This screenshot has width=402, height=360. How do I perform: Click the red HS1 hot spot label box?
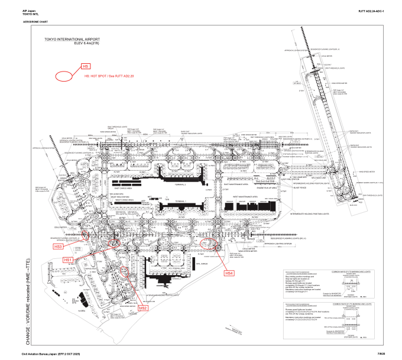tap(68, 260)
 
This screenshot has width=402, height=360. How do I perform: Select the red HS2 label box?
tap(144, 308)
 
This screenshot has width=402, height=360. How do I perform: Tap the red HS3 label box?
tap(58, 247)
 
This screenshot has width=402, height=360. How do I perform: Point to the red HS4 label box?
tap(229, 273)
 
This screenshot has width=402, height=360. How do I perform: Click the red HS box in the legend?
tap(86, 66)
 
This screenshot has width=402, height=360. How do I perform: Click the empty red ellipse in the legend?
tap(64, 76)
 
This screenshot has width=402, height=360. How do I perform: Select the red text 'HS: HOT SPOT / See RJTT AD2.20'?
tap(109, 77)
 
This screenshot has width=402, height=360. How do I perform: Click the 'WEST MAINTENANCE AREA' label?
tap(245, 196)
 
